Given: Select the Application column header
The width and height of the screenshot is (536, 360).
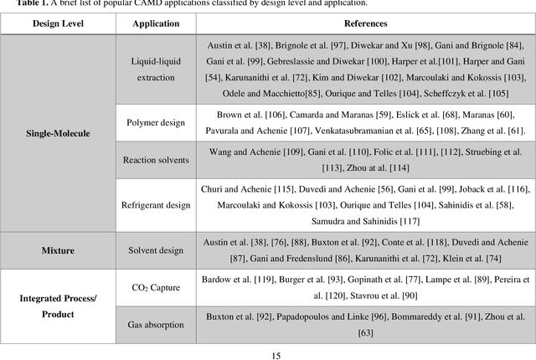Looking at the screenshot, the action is [157, 23].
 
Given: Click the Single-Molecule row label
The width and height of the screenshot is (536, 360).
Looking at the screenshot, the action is [55, 133].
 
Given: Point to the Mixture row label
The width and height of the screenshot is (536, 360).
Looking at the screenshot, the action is [55, 249].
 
